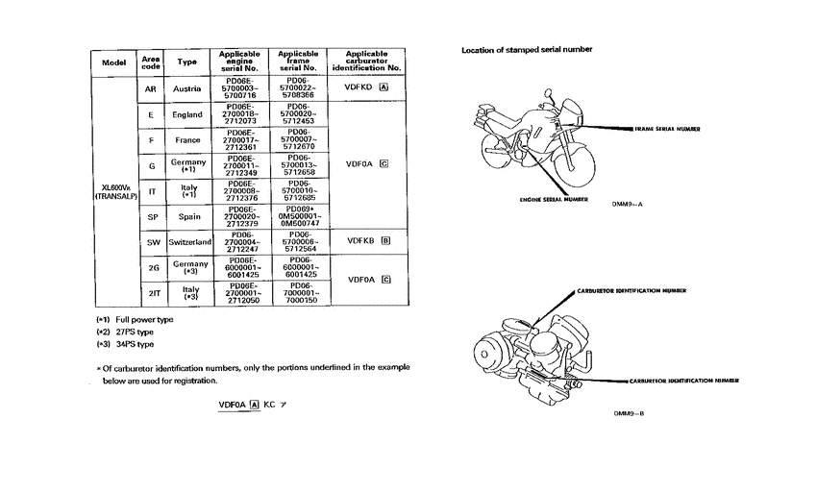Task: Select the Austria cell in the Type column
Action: click(x=187, y=88)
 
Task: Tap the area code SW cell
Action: click(x=151, y=242)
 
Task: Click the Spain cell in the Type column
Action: click(x=188, y=217)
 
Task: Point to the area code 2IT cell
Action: click(x=151, y=293)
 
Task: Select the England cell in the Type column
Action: click(x=187, y=114)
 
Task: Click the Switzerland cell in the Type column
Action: click(x=188, y=242)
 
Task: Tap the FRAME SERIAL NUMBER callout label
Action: click(x=667, y=128)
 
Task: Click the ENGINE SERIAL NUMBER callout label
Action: click(x=554, y=200)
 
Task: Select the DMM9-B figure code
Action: click(x=628, y=413)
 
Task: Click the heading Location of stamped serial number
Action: click(x=527, y=49)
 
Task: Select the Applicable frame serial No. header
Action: click(x=298, y=62)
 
